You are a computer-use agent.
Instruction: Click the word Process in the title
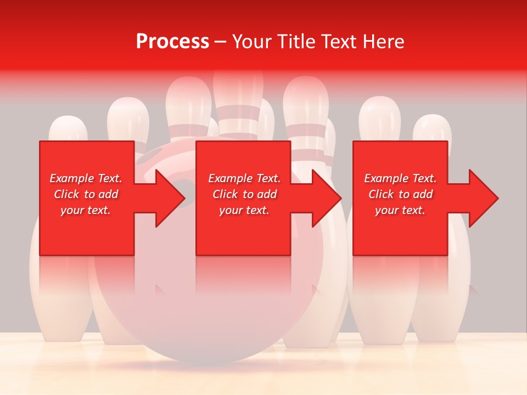172,42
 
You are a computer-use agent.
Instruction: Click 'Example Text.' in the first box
86,178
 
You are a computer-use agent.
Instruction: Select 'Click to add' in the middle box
244,194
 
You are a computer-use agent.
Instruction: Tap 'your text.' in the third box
400,210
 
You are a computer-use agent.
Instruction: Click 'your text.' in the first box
86,210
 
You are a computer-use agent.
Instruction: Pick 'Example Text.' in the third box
400,178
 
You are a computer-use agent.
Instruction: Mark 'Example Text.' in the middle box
244,178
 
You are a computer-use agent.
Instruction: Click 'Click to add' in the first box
86,194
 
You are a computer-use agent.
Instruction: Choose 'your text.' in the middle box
244,210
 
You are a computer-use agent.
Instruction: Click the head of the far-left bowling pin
68,129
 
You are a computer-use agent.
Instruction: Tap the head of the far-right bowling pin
432,128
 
